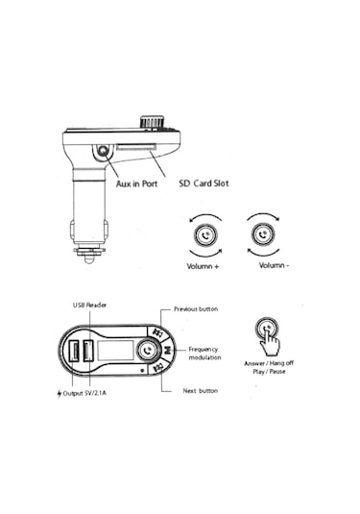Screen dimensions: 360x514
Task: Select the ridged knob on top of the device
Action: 150,123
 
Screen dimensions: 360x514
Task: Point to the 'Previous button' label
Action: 196,309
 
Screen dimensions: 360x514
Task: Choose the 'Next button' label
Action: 201,391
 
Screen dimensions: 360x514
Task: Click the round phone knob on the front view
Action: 148,352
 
